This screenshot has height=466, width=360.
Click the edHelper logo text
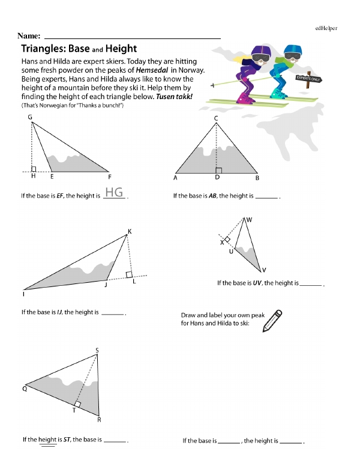326,28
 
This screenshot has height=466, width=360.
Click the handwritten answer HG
114,192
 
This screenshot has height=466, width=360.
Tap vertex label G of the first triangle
30,117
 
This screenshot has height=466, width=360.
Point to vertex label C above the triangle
216,118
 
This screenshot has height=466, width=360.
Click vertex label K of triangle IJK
130,231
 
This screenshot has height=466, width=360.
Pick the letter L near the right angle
134,282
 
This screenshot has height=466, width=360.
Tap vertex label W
249,220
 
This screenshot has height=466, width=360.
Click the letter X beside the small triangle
221,243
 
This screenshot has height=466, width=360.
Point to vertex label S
97,350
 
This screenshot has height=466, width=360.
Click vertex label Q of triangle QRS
25,389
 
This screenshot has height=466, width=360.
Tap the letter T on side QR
74,411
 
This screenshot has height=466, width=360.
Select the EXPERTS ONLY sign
308,79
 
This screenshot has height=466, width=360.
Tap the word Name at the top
29,37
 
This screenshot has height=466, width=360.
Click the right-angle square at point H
34,169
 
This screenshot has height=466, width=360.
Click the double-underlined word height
47,440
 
